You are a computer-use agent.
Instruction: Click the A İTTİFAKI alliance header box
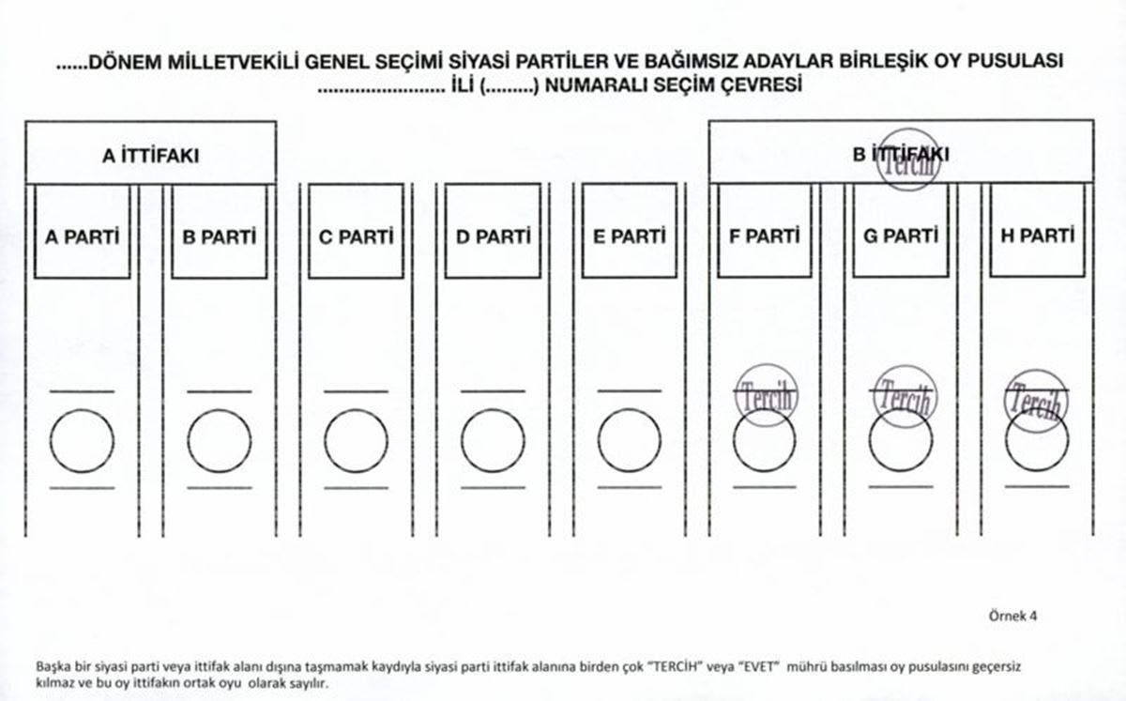150,152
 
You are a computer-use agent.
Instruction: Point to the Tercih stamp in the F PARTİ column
766,395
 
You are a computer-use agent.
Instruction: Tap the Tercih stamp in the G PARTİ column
903,395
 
